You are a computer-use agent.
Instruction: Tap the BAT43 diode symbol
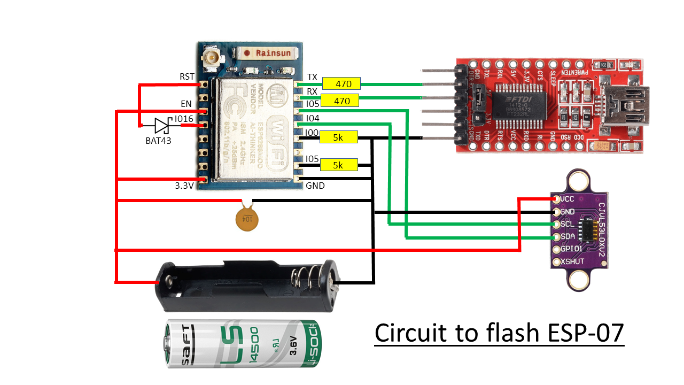(162, 126)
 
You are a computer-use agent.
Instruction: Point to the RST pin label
(187, 77)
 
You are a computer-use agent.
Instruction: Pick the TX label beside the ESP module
(313, 77)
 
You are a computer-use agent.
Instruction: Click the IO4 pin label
(312, 118)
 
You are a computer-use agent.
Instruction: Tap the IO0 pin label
(312, 132)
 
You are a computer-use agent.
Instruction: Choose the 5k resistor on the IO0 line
(338, 138)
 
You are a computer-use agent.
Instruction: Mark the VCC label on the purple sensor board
(568, 199)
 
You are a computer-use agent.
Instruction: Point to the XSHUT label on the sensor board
(573, 261)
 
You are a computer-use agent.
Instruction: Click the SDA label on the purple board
(568, 236)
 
